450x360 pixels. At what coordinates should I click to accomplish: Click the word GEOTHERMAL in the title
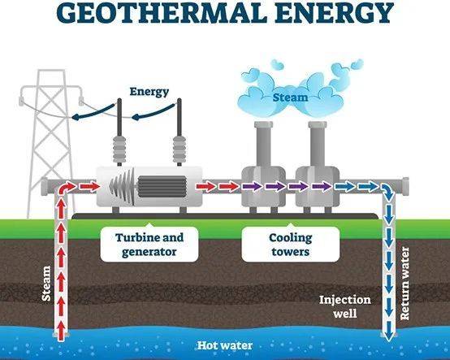click(163, 13)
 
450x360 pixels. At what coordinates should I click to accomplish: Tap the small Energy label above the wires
click(149, 92)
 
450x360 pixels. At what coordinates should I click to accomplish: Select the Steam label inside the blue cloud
click(290, 98)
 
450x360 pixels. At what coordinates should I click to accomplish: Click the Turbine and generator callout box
click(149, 245)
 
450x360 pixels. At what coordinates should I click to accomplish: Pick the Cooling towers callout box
click(291, 245)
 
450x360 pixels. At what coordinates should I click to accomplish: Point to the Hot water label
click(225, 345)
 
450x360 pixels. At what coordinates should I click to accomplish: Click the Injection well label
click(345, 306)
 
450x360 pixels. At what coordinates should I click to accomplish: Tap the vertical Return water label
click(404, 284)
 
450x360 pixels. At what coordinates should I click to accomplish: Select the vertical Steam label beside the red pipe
click(46, 284)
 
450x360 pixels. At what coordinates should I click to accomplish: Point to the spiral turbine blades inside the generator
click(123, 186)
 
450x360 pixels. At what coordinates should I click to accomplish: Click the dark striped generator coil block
click(162, 187)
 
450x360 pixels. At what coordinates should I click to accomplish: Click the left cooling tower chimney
click(263, 144)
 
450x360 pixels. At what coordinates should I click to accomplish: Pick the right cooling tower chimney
click(318, 144)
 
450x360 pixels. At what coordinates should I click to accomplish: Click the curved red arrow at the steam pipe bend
click(67, 189)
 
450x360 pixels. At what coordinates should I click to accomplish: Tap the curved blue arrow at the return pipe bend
click(388, 192)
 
